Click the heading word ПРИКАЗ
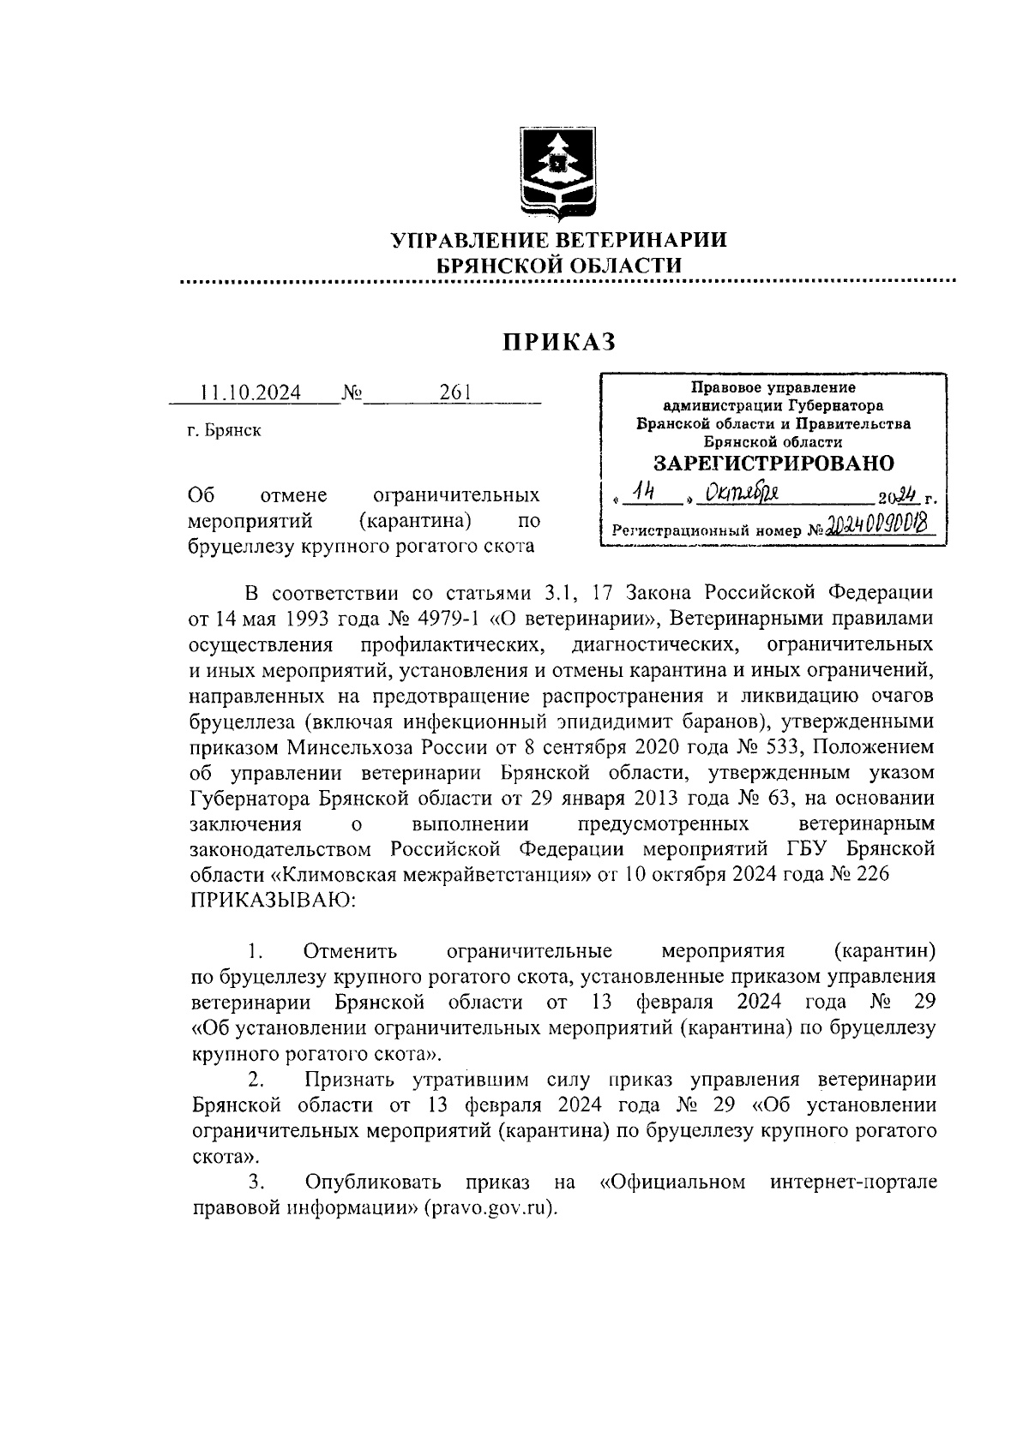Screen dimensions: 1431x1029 pyautogui.click(x=559, y=342)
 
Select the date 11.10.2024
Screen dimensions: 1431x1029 pyautogui.click(x=250, y=392)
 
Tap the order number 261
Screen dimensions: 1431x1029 pyautogui.click(x=455, y=392)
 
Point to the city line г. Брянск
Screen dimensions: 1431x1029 pyautogui.click(x=225, y=430)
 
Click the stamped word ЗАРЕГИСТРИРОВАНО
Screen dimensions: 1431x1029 pyautogui.click(x=773, y=464)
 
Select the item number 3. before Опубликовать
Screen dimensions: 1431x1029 pyautogui.click(x=256, y=1183)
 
